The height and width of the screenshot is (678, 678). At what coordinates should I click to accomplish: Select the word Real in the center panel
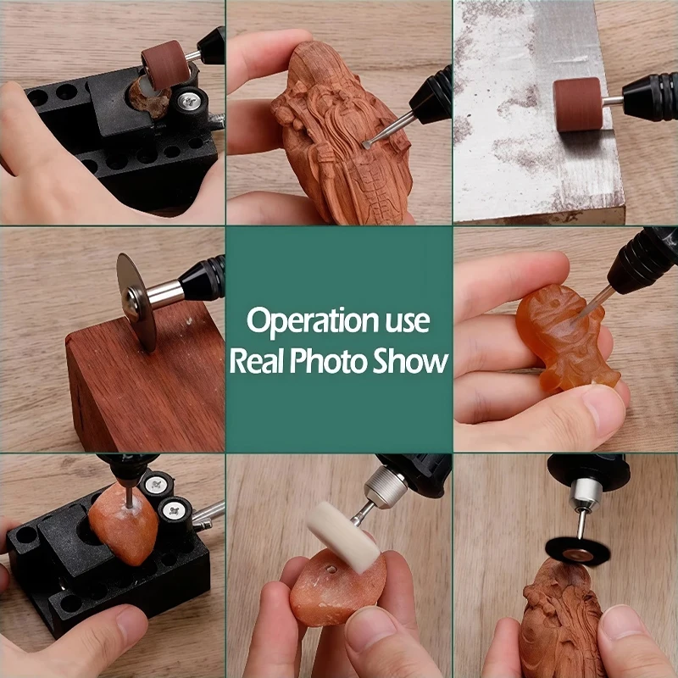[257, 361]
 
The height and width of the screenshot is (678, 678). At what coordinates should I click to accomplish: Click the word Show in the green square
[414, 361]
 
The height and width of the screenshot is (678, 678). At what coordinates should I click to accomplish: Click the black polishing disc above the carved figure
[577, 550]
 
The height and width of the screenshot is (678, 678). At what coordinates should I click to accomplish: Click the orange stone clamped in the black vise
[125, 525]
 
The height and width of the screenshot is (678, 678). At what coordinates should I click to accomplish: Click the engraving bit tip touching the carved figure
[367, 144]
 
